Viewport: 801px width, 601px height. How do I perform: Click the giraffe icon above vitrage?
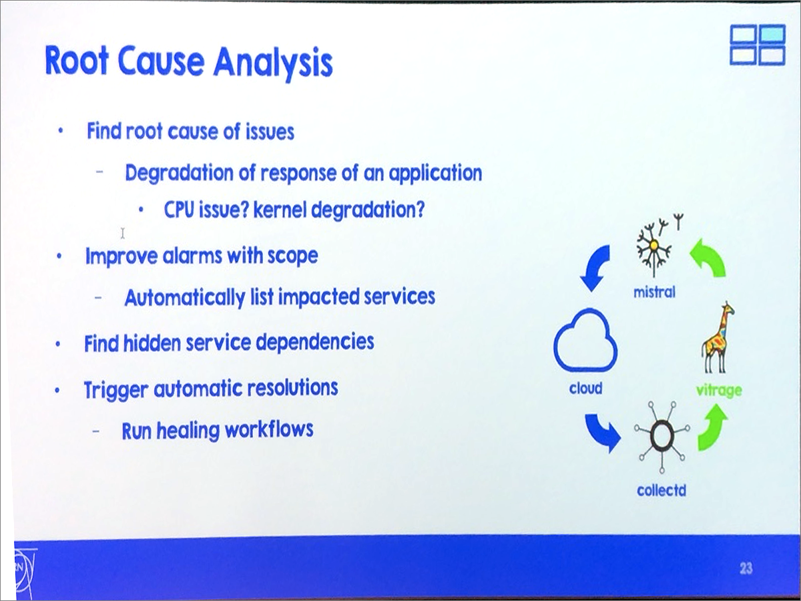click(717, 337)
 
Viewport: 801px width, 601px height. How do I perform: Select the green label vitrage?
click(719, 391)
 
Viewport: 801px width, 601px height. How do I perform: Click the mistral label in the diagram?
click(654, 292)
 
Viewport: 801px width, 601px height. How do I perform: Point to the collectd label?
click(661, 490)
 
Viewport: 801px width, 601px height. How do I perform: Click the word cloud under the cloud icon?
click(585, 388)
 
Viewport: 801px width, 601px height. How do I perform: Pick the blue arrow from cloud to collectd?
click(602, 432)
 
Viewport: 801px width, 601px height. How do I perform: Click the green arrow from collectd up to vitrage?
click(712, 427)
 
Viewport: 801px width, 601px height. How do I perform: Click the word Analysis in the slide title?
click(273, 63)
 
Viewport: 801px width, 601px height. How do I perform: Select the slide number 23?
click(746, 568)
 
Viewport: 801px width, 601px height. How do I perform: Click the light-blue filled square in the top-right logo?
click(772, 35)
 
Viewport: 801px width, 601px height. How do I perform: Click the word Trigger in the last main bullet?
click(116, 390)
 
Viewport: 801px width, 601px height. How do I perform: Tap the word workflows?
click(269, 429)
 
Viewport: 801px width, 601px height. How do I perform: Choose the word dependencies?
click(315, 343)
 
